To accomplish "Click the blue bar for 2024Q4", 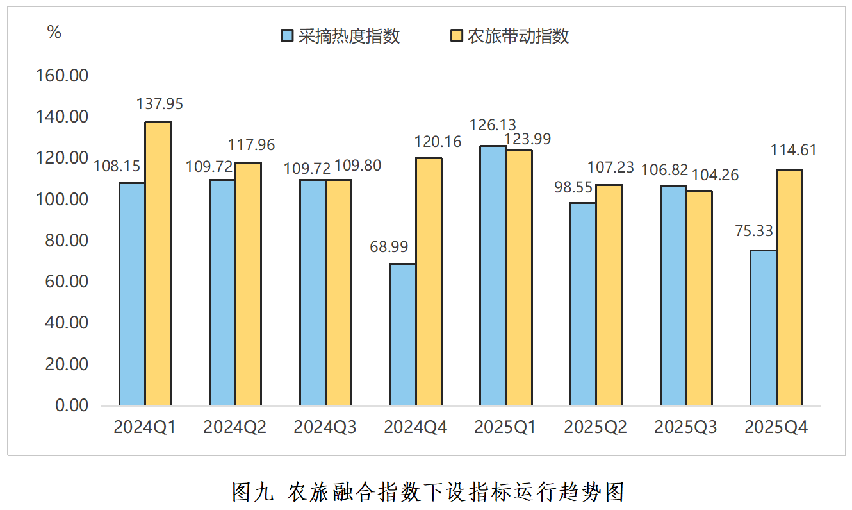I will pyautogui.click(x=402, y=334).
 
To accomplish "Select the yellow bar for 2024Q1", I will pyautogui.click(x=158, y=263).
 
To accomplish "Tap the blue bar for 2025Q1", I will pyautogui.click(x=493, y=275).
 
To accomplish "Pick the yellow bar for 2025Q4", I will pyautogui.click(x=789, y=287).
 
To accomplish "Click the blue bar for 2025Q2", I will pyautogui.click(x=583, y=304).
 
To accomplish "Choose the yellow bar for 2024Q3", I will pyautogui.click(x=338, y=292).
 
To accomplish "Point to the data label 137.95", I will pyautogui.click(x=159, y=103).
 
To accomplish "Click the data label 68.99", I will pyautogui.click(x=389, y=247).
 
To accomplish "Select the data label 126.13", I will pyautogui.click(x=493, y=124).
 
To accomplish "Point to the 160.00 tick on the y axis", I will pyautogui.click(x=62, y=76).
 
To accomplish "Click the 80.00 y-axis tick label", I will pyautogui.click(x=66, y=241).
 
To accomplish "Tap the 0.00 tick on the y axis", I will pyautogui.click(x=71, y=405).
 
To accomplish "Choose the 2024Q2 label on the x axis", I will pyautogui.click(x=235, y=427).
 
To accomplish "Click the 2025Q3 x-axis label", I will pyautogui.click(x=685, y=427).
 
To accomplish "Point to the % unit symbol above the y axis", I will pyautogui.click(x=54, y=32).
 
